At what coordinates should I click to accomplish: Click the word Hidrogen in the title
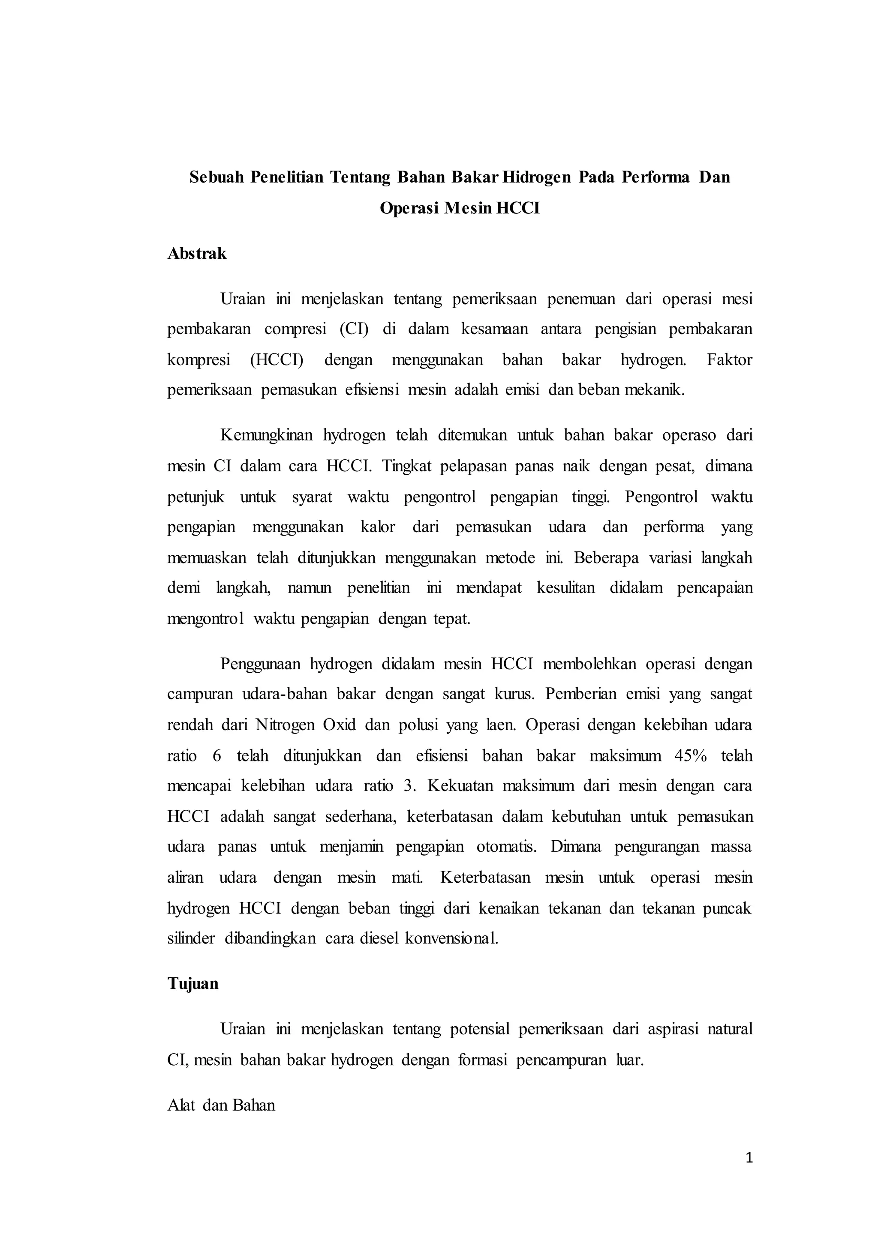point(536,177)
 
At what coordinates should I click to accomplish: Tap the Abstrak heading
point(197,253)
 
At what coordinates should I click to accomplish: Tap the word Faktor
point(729,360)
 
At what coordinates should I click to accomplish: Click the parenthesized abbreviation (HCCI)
point(276,360)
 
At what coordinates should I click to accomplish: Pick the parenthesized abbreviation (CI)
point(354,329)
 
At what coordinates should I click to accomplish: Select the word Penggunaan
point(260,664)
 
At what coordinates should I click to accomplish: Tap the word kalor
point(378,527)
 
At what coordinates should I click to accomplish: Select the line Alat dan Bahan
point(221,1105)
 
